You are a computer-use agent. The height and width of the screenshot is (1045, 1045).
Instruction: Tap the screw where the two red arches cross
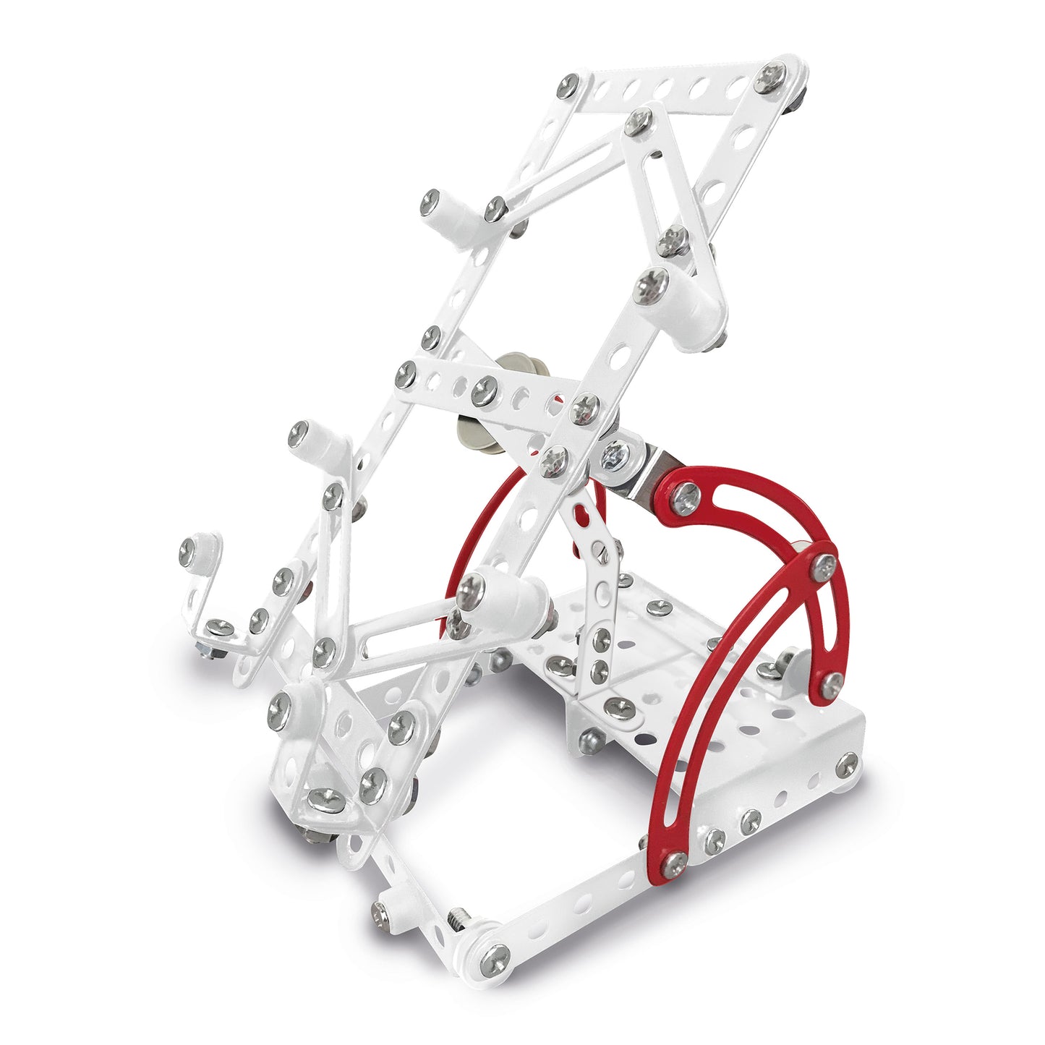(823, 566)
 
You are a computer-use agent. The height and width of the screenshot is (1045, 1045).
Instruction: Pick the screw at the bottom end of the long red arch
(675, 861)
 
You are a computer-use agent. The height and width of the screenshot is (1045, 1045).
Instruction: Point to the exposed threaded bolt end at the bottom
(458, 919)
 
